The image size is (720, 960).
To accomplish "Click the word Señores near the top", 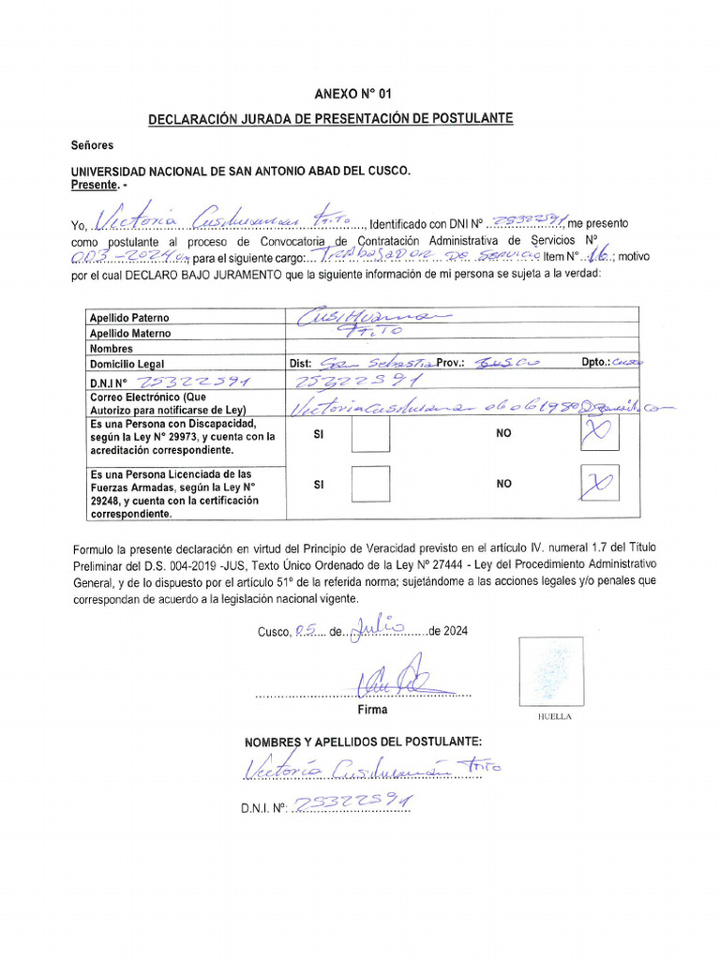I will coord(92,145).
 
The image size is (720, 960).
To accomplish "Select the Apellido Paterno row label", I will coord(129,318).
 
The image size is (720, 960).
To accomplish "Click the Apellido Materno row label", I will coord(130,333).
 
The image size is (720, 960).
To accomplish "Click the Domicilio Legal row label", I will coord(127,364).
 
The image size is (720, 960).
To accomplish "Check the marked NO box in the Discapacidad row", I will coord(599,434).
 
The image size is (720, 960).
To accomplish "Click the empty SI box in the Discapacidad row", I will coord(370,435).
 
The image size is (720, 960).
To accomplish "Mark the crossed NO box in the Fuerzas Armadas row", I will coord(599,484).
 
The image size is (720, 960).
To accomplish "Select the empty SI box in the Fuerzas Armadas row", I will coord(370,484).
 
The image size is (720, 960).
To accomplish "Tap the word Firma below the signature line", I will coord(372,710).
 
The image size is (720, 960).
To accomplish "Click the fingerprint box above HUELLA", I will coord(551,671).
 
